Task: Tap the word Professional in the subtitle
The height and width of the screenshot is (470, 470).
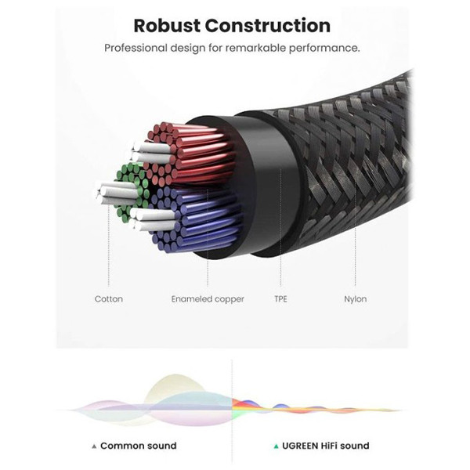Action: tap(136, 48)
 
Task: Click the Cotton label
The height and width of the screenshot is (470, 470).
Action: tap(108, 298)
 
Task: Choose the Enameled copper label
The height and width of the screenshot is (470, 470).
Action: tap(208, 298)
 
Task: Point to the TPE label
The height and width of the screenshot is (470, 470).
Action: tap(280, 298)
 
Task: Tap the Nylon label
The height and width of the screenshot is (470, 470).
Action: tap(355, 298)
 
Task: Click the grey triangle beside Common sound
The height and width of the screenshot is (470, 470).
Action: tap(94, 446)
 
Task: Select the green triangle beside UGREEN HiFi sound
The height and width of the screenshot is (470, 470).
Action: tap(276, 446)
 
